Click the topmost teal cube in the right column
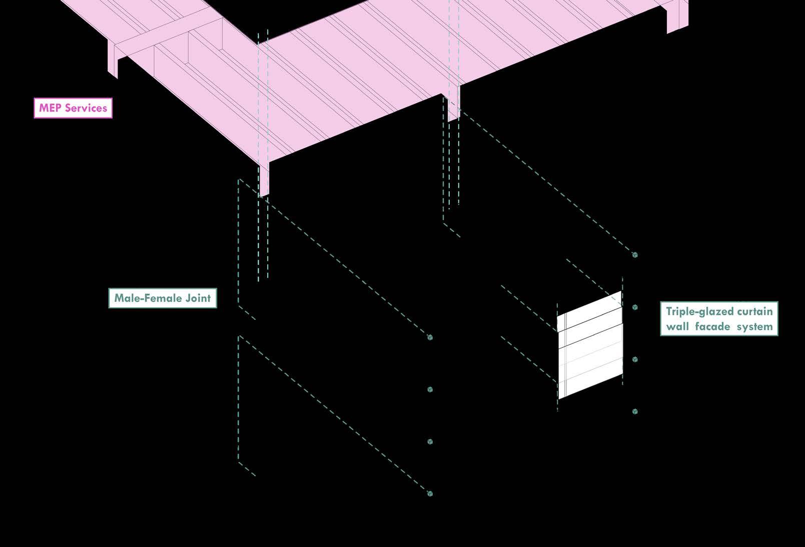(635, 255)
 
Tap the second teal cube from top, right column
(635, 307)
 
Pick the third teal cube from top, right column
(635, 359)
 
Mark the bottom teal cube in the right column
(635, 411)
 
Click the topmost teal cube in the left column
(430, 337)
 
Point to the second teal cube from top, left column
(430, 389)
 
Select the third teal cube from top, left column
(430, 441)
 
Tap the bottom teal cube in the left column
(430, 494)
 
